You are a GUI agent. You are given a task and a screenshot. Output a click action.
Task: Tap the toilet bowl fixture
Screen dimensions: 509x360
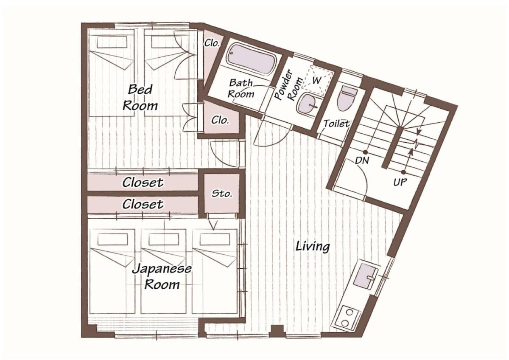[347, 98]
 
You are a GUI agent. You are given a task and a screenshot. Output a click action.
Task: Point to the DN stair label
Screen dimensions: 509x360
[362, 160]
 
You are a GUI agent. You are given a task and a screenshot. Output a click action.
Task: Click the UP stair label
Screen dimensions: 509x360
[400, 182]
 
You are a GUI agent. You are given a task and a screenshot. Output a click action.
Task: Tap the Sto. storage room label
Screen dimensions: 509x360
[221, 194]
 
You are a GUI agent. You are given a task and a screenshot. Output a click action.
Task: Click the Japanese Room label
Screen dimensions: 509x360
[162, 276]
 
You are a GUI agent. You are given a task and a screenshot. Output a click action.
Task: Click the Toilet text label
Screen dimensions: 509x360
[336, 124]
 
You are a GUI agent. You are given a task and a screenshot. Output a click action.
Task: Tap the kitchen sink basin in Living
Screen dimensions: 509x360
[366, 277]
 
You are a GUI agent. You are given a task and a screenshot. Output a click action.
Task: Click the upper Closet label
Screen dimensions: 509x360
[143, 183]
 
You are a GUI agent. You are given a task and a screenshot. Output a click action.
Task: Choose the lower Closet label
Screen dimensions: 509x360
[143, 204]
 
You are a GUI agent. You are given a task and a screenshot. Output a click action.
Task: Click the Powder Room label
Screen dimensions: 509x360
[288, 85]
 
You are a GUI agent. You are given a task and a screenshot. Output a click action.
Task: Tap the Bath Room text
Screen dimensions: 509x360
[241, 88]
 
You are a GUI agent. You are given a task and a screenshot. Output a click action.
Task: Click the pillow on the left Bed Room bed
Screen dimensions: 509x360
[112, 42]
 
